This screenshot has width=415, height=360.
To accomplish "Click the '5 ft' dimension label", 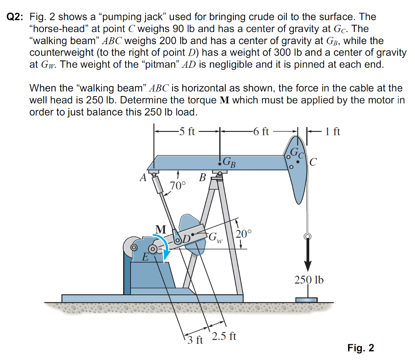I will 187,131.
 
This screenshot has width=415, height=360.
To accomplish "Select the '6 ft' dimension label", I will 260,131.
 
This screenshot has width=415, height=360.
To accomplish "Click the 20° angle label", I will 244,234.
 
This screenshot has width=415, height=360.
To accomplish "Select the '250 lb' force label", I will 309,280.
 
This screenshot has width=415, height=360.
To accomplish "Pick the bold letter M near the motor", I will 160,229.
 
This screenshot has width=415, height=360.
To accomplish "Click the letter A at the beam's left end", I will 142,178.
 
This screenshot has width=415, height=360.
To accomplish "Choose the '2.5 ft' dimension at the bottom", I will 224,336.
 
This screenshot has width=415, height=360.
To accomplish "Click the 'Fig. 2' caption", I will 361,348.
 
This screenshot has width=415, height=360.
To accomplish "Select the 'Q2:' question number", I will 15,17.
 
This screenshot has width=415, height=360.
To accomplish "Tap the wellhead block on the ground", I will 306,300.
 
